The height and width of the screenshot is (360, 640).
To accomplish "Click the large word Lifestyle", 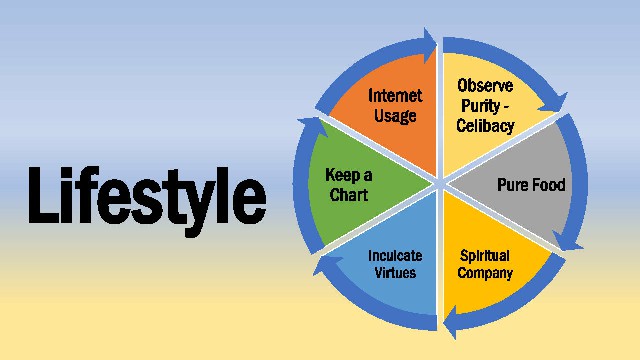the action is (147, 200).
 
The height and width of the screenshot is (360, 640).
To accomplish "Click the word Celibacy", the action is (485, 125).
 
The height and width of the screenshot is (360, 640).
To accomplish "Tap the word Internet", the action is (395, 96).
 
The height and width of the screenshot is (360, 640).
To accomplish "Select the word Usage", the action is (395, 116).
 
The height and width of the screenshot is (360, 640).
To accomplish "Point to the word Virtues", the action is (395, 273).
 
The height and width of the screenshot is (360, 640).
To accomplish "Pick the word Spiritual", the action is (484, 256).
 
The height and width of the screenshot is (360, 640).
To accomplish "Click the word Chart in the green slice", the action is (349, 195).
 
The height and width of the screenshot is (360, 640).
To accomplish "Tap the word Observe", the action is (485, 86).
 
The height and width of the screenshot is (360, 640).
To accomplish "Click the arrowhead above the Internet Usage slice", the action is (430, 45).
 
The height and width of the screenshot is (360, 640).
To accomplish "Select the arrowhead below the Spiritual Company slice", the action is (450, 322).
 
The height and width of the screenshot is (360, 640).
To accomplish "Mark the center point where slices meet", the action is (440, 184).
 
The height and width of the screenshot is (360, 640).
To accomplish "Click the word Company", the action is (485, 273).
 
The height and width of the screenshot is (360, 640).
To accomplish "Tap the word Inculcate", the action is (395, 256).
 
